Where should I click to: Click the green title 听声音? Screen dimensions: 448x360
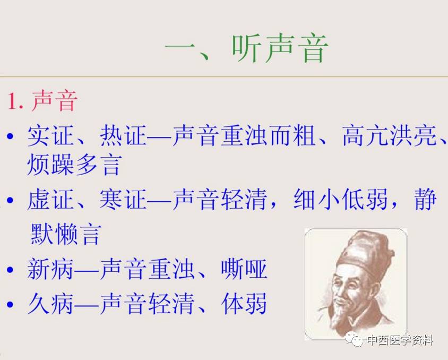280,48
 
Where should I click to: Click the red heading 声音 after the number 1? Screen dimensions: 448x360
54,100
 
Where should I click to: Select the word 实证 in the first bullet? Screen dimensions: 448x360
50,135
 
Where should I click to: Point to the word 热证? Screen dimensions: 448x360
123,135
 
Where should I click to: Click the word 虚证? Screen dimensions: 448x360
50,199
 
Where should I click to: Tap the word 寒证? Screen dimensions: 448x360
123,199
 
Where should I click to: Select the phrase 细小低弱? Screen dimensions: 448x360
341,199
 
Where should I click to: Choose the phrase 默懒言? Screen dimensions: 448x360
66,234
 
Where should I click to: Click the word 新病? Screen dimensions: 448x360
50,269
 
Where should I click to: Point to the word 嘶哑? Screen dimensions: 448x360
244,269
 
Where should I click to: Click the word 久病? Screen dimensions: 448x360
50,303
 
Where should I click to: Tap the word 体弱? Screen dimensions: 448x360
244,303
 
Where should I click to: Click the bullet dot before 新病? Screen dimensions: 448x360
10,269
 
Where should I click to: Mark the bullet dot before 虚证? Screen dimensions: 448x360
10,200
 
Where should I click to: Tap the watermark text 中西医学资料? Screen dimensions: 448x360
400,340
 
